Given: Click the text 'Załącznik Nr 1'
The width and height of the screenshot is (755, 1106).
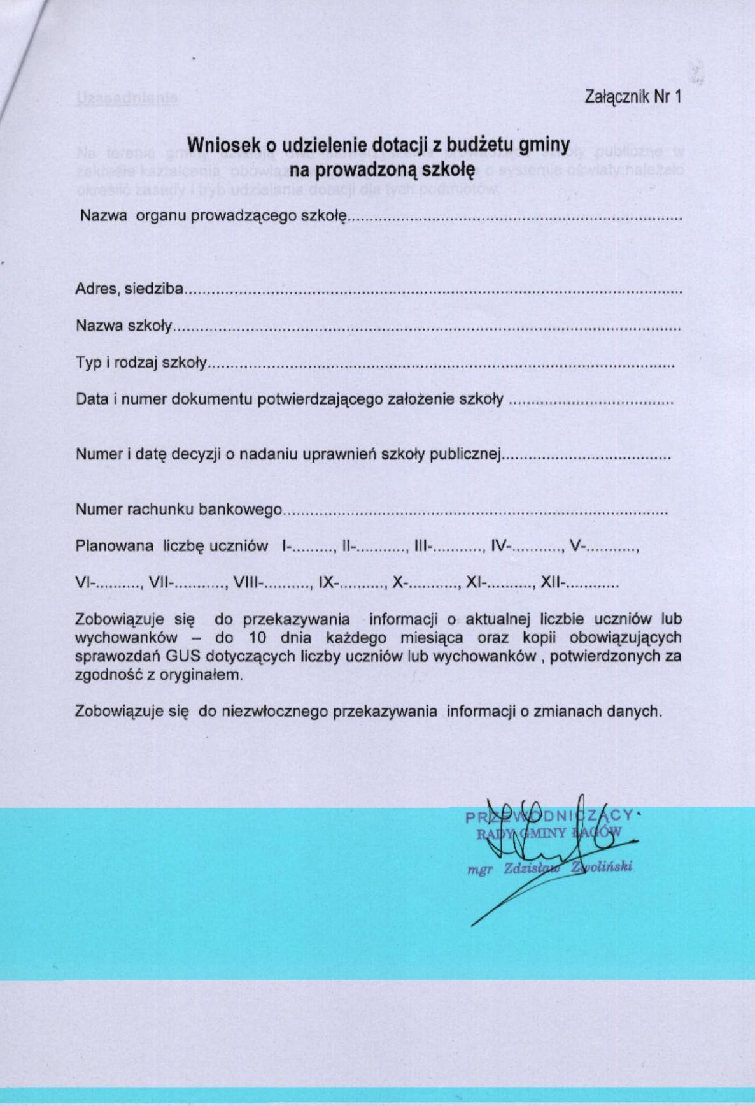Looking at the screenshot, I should (633, 97).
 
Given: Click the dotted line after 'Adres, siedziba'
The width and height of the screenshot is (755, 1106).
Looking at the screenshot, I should (433, 291).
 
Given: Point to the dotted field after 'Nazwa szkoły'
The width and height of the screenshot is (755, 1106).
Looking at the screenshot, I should (427, 327).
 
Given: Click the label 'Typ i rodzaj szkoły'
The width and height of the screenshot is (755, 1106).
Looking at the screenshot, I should (141, 363).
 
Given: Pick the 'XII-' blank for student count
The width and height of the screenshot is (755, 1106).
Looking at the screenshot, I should (580, 582).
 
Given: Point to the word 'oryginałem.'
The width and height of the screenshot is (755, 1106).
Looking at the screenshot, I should (203, 675).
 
